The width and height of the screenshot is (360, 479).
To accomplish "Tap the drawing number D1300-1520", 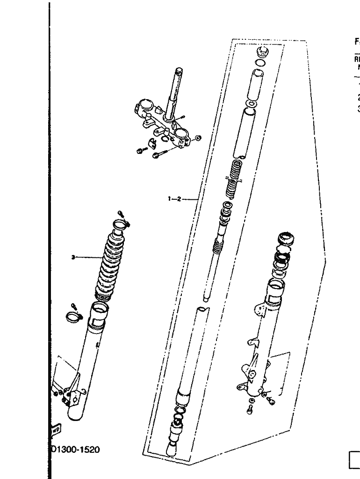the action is tap(76, 450).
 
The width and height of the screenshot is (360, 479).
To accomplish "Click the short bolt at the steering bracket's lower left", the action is tap(140, 151).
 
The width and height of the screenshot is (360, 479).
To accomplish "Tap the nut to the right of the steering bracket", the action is tap(197, 138).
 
